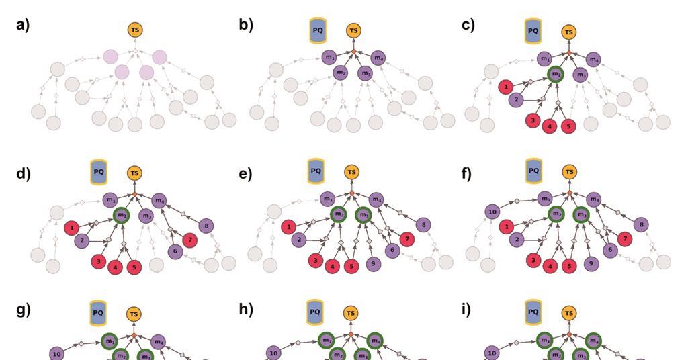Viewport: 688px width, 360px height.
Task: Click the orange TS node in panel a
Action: (x=135, y=30)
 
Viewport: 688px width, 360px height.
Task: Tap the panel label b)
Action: (x=245, y=26)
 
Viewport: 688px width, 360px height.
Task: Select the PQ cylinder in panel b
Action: (x=318, y=31)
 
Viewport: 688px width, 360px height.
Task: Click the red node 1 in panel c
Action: (x=505, y=87)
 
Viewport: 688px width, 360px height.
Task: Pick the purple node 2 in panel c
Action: (x=516, y=100)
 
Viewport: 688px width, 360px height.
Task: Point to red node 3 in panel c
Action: (x=533, y=120)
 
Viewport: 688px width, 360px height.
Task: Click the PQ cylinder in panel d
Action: (x=99, y=172)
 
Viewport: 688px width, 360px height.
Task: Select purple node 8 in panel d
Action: (x=207, y=225)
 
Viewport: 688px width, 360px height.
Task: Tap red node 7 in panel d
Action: (x=191, y=239)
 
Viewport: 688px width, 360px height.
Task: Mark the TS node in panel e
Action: (x=351, y=173)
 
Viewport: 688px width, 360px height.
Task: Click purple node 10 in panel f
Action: (x=492, y=212)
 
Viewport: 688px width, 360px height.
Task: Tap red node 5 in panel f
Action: (x=568, y=267)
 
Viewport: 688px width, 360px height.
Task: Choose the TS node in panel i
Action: (x=569, y=313)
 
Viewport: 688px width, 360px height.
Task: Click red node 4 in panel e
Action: (x=333, y=267)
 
